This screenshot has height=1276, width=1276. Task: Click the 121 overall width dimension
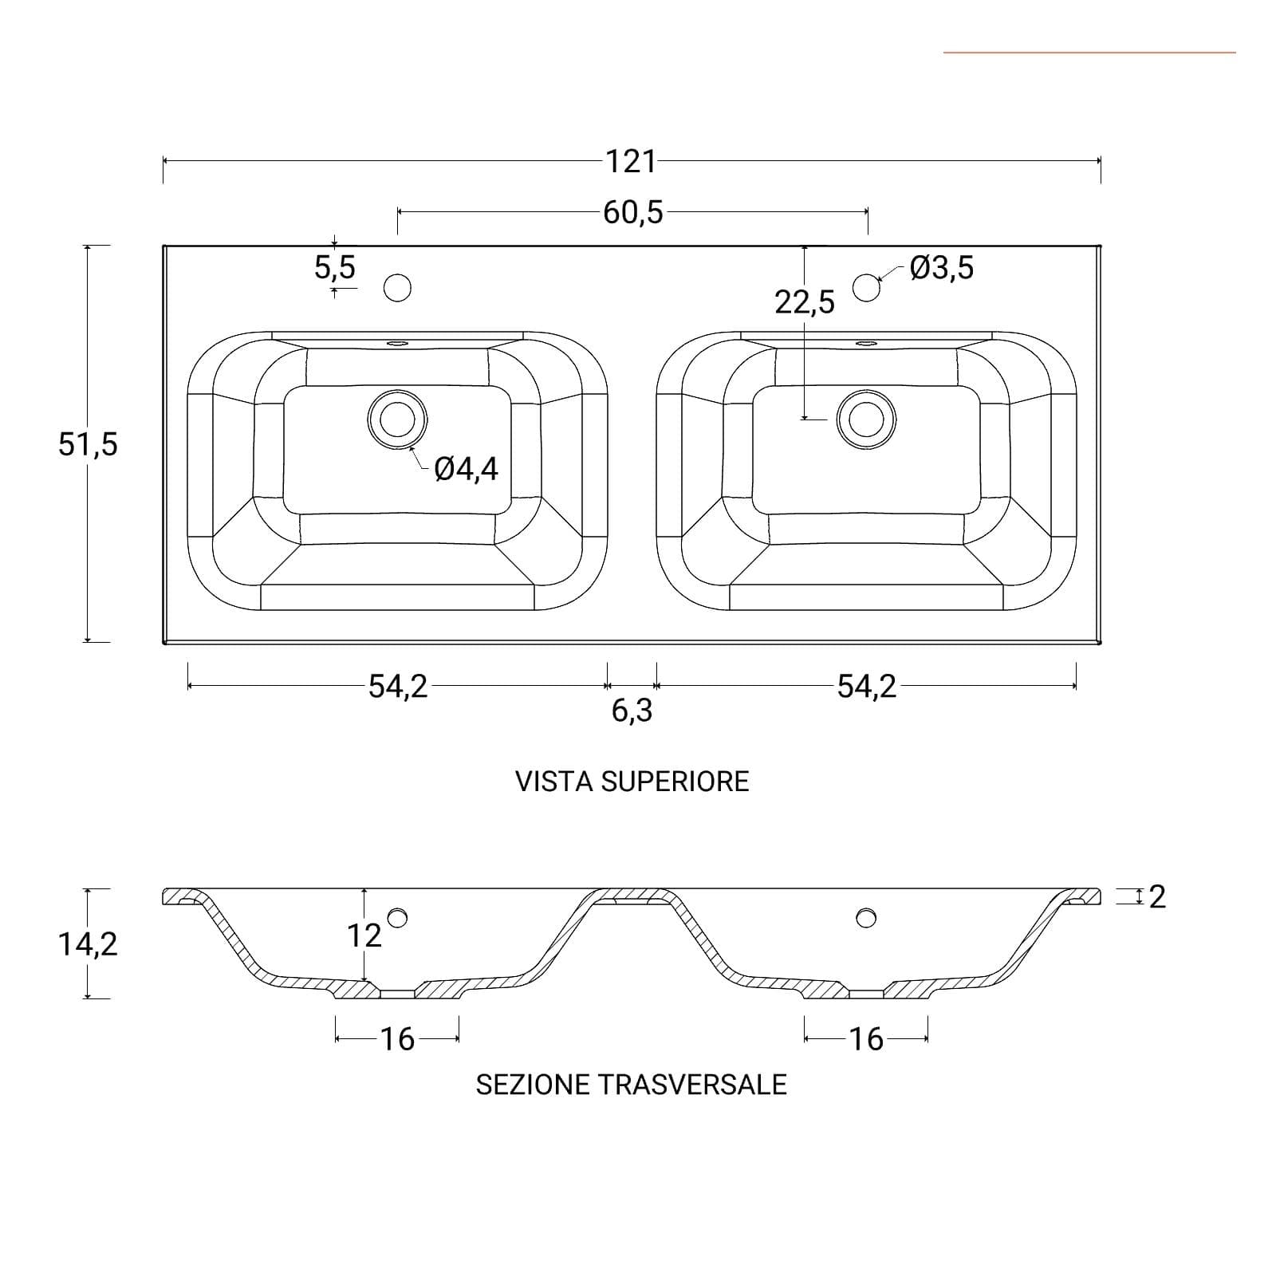click(631, 162)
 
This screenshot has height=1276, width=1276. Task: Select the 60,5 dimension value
click(633, 213)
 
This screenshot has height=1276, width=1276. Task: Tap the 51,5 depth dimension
click(88, 444)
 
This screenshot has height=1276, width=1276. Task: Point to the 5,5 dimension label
click(335, 267)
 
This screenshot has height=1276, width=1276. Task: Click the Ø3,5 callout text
click(942, 268)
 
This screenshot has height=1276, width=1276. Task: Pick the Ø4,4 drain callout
click(467, 469)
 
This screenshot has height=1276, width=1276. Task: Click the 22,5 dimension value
click(805, 302)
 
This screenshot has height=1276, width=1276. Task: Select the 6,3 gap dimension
click(632, 711)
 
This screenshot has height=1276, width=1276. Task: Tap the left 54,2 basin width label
click(398, 686)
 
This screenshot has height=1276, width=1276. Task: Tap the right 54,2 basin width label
click(867, 686)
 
